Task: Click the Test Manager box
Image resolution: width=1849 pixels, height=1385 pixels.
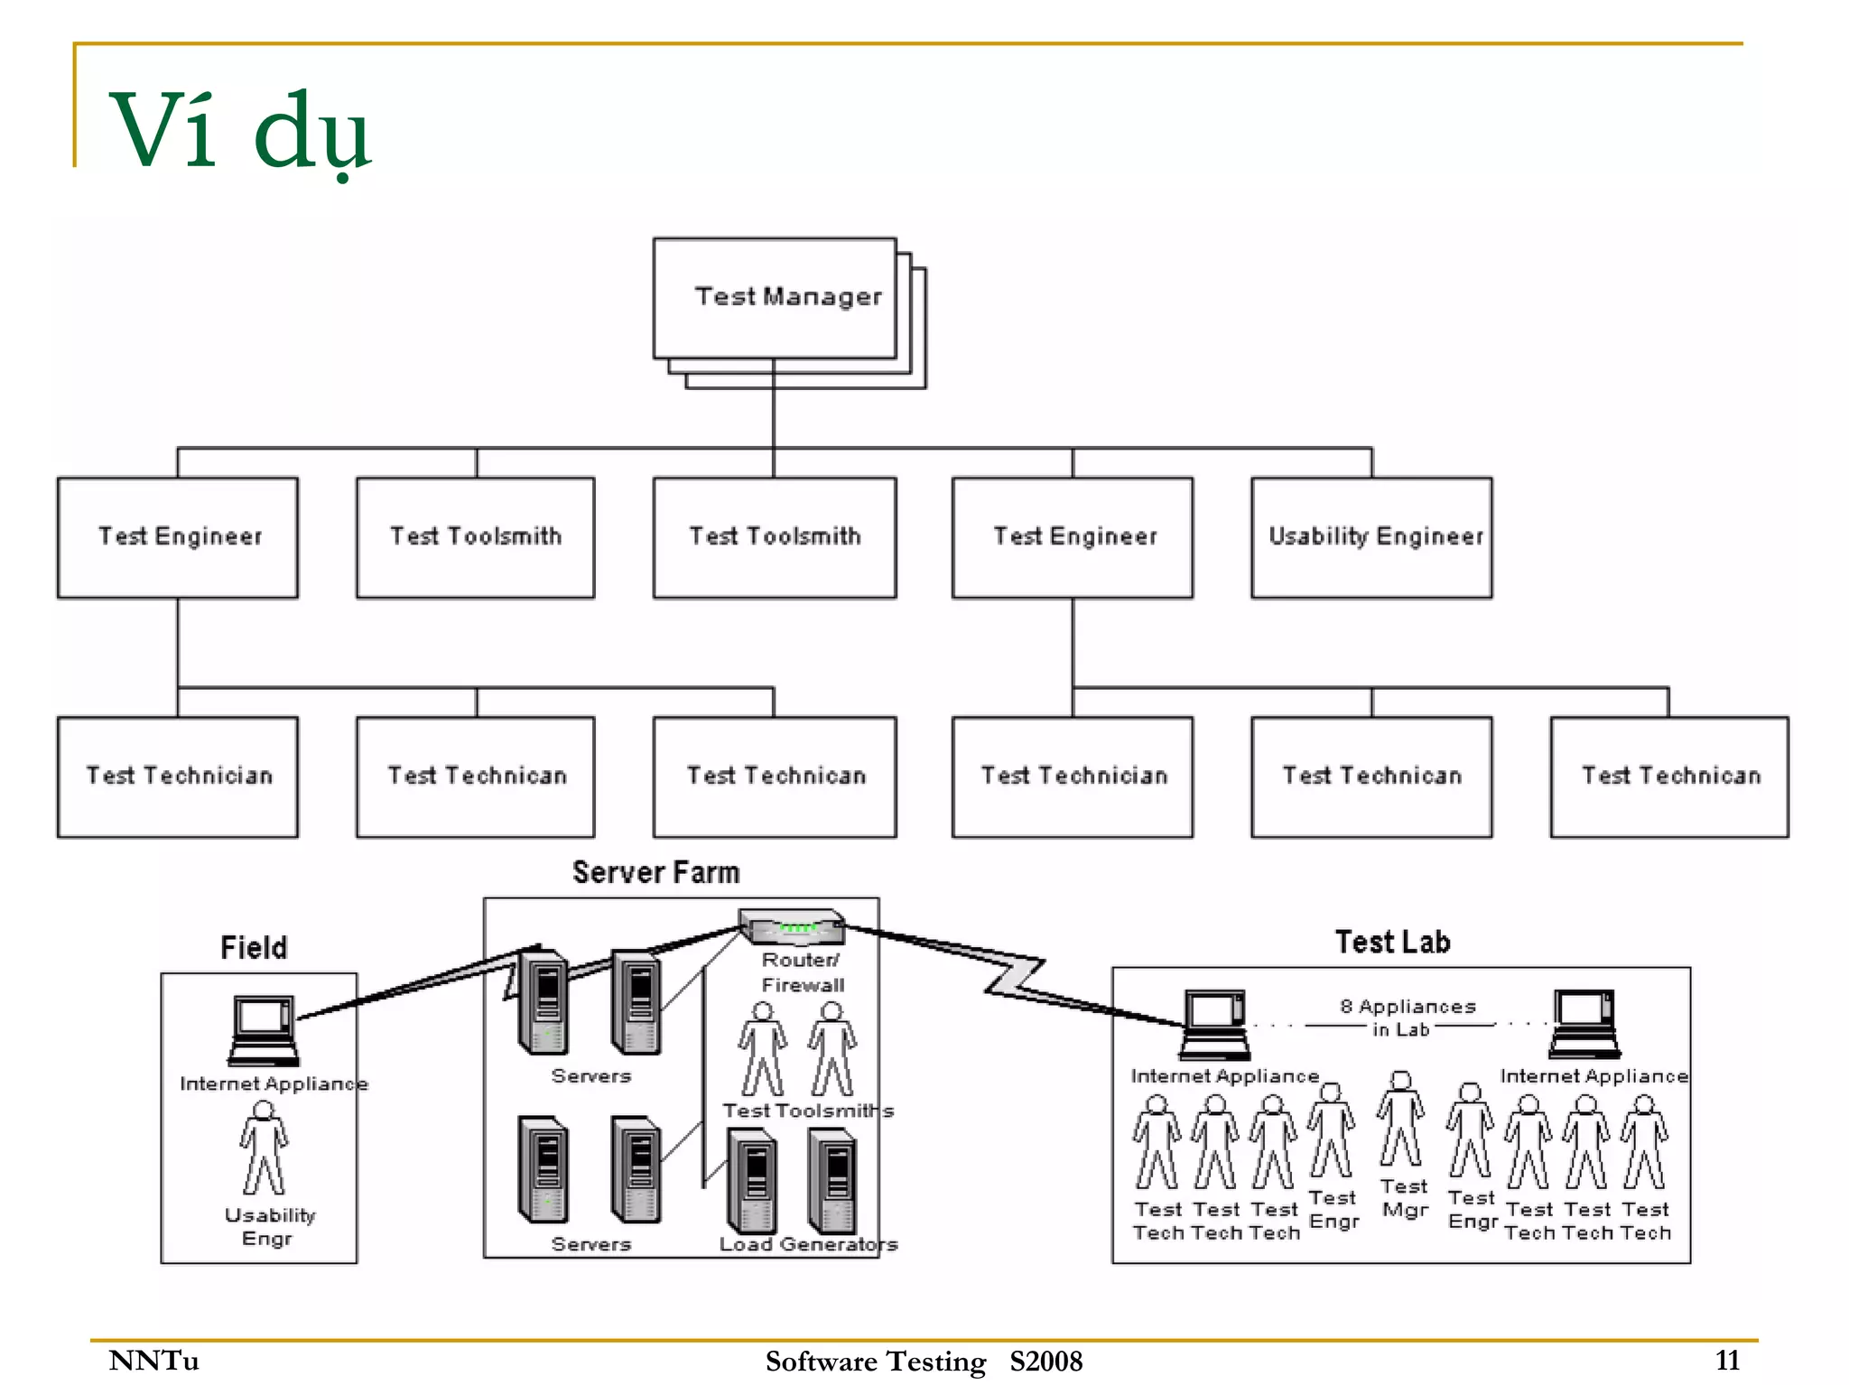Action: (775, 298)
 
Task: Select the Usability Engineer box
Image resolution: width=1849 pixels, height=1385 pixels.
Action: (1370, 537)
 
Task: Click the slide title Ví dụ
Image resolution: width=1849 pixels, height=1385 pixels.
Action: (239, 131)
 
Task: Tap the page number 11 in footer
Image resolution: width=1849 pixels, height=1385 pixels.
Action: (1727, 1360)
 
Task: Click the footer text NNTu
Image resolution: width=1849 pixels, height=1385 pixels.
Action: (153, 1360)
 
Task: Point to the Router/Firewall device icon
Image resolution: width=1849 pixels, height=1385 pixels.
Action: (792, 926)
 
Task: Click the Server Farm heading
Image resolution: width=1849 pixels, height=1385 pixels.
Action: (656, 872)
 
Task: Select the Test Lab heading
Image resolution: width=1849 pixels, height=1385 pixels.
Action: (1392, 942)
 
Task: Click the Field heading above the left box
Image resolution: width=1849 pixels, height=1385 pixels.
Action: (254, 947)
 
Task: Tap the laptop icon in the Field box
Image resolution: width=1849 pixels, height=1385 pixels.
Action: (263, 1030)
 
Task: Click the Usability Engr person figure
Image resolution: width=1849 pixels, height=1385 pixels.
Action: (264, 1148)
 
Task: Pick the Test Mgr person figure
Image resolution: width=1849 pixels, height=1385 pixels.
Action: (1400, 1120)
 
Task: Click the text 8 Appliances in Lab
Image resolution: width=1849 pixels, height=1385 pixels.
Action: (1407, 1018)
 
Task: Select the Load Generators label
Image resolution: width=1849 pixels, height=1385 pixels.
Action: (808, 1244)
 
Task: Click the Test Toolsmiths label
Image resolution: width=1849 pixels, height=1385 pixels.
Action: (807, 1111)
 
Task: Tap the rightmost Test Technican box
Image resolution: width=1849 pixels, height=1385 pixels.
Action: (1668, 776)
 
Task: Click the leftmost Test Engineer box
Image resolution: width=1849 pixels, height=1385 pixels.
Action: (178, 537)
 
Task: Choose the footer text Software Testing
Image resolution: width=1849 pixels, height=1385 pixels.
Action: (875, 1361)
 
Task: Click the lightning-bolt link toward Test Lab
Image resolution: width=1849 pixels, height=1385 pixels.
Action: (1014, 975)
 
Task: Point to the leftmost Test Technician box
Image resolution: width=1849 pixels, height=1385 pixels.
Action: (178, 776)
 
